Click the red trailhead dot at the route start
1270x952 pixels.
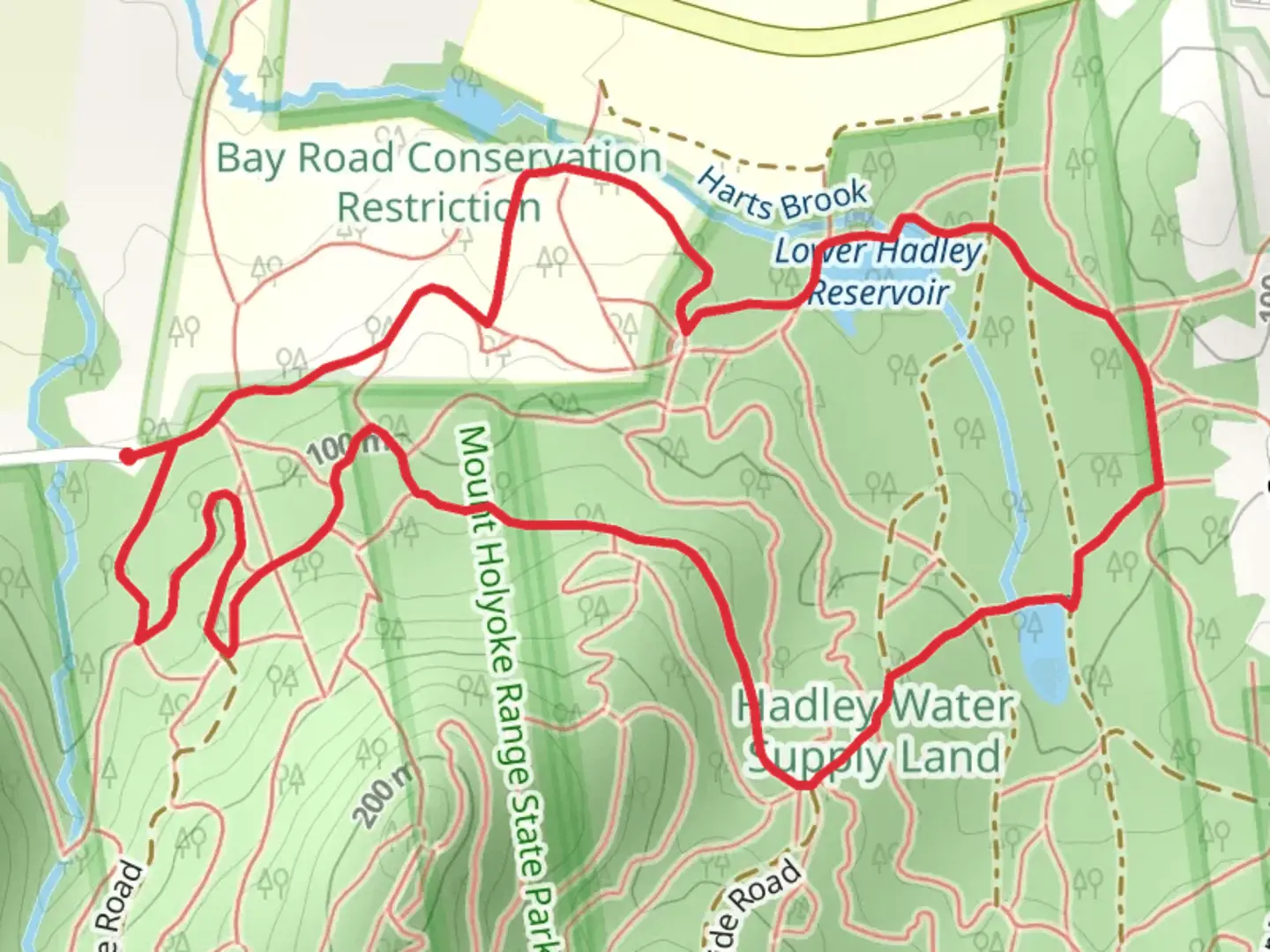pos(128,456)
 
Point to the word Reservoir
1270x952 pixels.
pos(878,292)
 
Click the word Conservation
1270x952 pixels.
pos(534,159)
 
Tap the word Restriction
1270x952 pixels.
pos(438,208)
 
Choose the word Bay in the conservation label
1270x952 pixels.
pos(251,159)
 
